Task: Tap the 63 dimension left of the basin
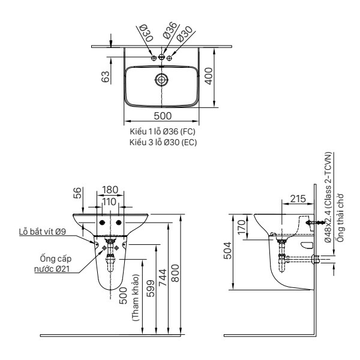(x=106, y=77)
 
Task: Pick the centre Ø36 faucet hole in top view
(x=161, y=58)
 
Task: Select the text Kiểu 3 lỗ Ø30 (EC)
(x=163, y=142)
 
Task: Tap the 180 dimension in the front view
(x=110, y=190)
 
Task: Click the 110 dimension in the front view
(x=109, y=203)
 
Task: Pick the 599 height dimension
(x=151, y=291)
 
